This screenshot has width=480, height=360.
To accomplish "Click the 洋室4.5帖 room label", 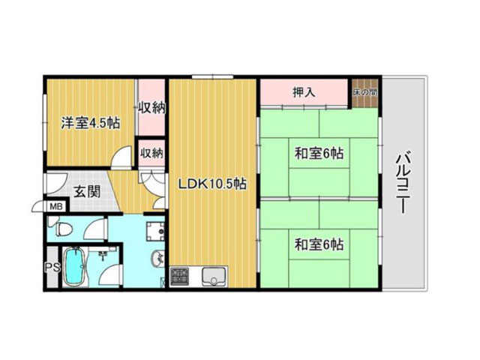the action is (x=90, y=123).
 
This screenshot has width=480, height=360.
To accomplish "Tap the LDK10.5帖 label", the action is (x=212, y=184).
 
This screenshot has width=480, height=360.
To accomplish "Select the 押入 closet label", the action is (x=304, y=91).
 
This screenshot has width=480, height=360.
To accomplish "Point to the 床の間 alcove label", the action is (x=364, y=92).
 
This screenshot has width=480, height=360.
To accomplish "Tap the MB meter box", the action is (x=56, y=207).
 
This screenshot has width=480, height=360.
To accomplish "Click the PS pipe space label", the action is (x=52, y=267).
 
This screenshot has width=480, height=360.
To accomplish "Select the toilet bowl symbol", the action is (x=64, y=229).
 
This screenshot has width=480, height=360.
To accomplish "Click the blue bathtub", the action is (x=74, y=266).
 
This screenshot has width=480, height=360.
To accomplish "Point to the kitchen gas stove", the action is (x=180, y=277).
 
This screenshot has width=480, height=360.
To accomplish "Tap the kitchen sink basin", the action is (x=214, y=277).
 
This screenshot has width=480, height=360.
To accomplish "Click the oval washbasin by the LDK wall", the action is (x=157, y=259).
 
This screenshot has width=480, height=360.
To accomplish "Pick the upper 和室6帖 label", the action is (x=319, y=153).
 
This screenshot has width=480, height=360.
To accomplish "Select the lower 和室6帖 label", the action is (x=319, y=244).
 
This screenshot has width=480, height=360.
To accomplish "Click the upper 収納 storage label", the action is (x=151, y=108).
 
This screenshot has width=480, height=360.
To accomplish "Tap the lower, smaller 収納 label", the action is (x=151, y=153).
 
